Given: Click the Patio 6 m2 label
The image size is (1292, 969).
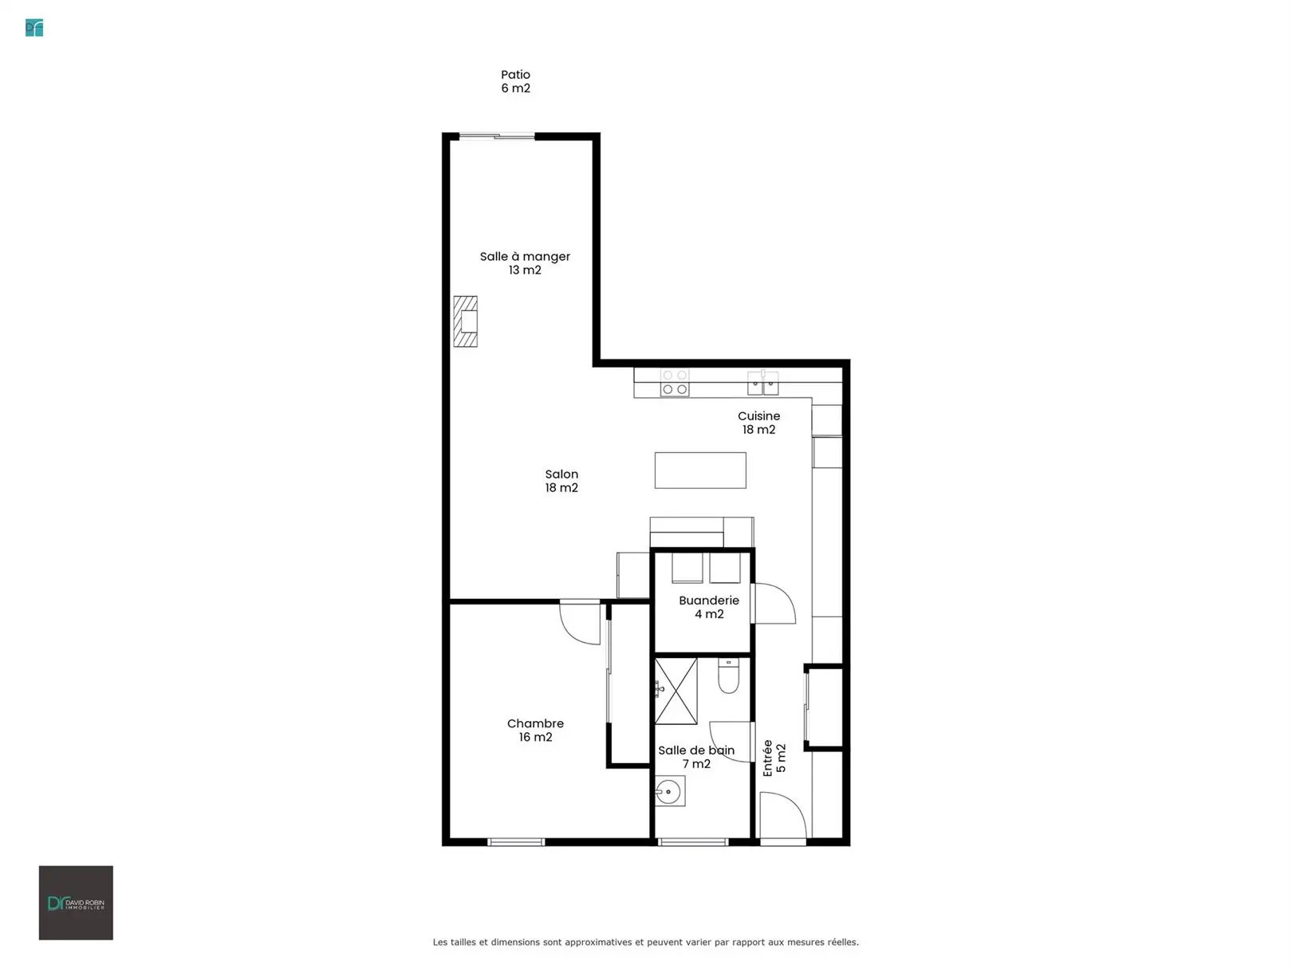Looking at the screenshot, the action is click(515, 81).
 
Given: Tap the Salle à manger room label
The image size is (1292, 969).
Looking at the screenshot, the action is click(525, 263).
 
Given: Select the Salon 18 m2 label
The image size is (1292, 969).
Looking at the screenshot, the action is click(561, 481).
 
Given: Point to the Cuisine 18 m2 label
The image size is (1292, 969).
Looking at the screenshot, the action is click(758, 423).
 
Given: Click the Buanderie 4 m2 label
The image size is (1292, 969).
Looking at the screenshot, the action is click(709, 607).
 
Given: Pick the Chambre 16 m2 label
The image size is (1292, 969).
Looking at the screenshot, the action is click(535, 730).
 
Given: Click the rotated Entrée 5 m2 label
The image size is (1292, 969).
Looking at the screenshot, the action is click(774, 758).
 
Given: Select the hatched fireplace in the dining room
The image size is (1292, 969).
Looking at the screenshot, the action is click(465, 321).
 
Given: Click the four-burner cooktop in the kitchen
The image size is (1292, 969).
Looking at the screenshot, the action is click(674, 383).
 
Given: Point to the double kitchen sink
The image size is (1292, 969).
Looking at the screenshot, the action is click(762, 383).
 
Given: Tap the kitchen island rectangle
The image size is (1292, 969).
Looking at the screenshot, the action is click(700, 470).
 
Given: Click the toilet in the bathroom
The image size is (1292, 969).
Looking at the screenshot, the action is click(728, 676).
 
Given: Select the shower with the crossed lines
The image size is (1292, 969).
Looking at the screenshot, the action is click(676, 691).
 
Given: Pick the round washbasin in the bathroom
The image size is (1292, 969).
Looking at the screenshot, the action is click(669, 790).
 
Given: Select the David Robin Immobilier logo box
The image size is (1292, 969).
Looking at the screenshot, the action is click(76, 903).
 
